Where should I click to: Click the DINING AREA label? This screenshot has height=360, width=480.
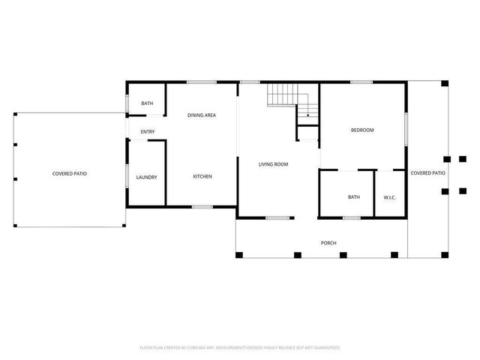[x=202, y=115]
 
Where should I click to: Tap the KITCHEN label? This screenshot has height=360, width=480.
[x=202, y=176]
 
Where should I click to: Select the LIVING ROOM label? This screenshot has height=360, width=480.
[x=274, y=164]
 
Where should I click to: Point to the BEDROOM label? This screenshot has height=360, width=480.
[x=362, y=130]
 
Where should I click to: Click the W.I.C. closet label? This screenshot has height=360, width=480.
[x=390, y=197]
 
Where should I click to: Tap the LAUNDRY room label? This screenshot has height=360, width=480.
[x=146, y=177]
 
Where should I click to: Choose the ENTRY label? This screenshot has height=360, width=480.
[x=147, y=133]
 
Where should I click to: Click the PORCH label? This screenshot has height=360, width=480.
[x=328, y=243]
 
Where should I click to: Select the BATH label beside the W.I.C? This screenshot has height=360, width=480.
[x=354, y=197]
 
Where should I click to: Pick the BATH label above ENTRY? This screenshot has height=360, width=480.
[x=147, y=103]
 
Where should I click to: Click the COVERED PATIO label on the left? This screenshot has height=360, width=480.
[x=69, y=173]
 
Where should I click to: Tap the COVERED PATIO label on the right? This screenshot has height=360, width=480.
[x=428, y=173]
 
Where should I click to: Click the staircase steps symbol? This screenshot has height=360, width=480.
[x=283, y=94]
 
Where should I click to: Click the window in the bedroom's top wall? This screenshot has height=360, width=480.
[x=362, y=82]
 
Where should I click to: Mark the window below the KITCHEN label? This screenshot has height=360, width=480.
[x=202, y=206]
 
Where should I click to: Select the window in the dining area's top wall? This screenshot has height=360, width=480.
[x=196, y=82]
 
